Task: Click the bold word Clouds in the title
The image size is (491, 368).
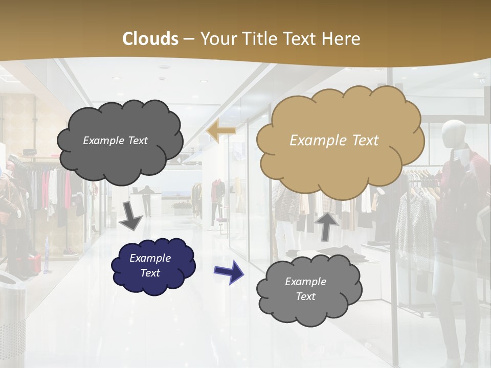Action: pos(150,39)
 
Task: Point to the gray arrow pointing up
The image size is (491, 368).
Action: pos(327,225)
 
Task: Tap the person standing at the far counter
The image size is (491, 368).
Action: pos(147,200)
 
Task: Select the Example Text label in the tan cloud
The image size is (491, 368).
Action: pos(334,141)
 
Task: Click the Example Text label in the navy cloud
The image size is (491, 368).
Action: pos(150,266)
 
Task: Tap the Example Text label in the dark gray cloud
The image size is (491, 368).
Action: pos(115,141)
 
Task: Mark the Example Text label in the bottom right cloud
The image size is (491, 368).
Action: pos(305,289)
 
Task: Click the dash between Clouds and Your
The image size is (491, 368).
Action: pos(189,39)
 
